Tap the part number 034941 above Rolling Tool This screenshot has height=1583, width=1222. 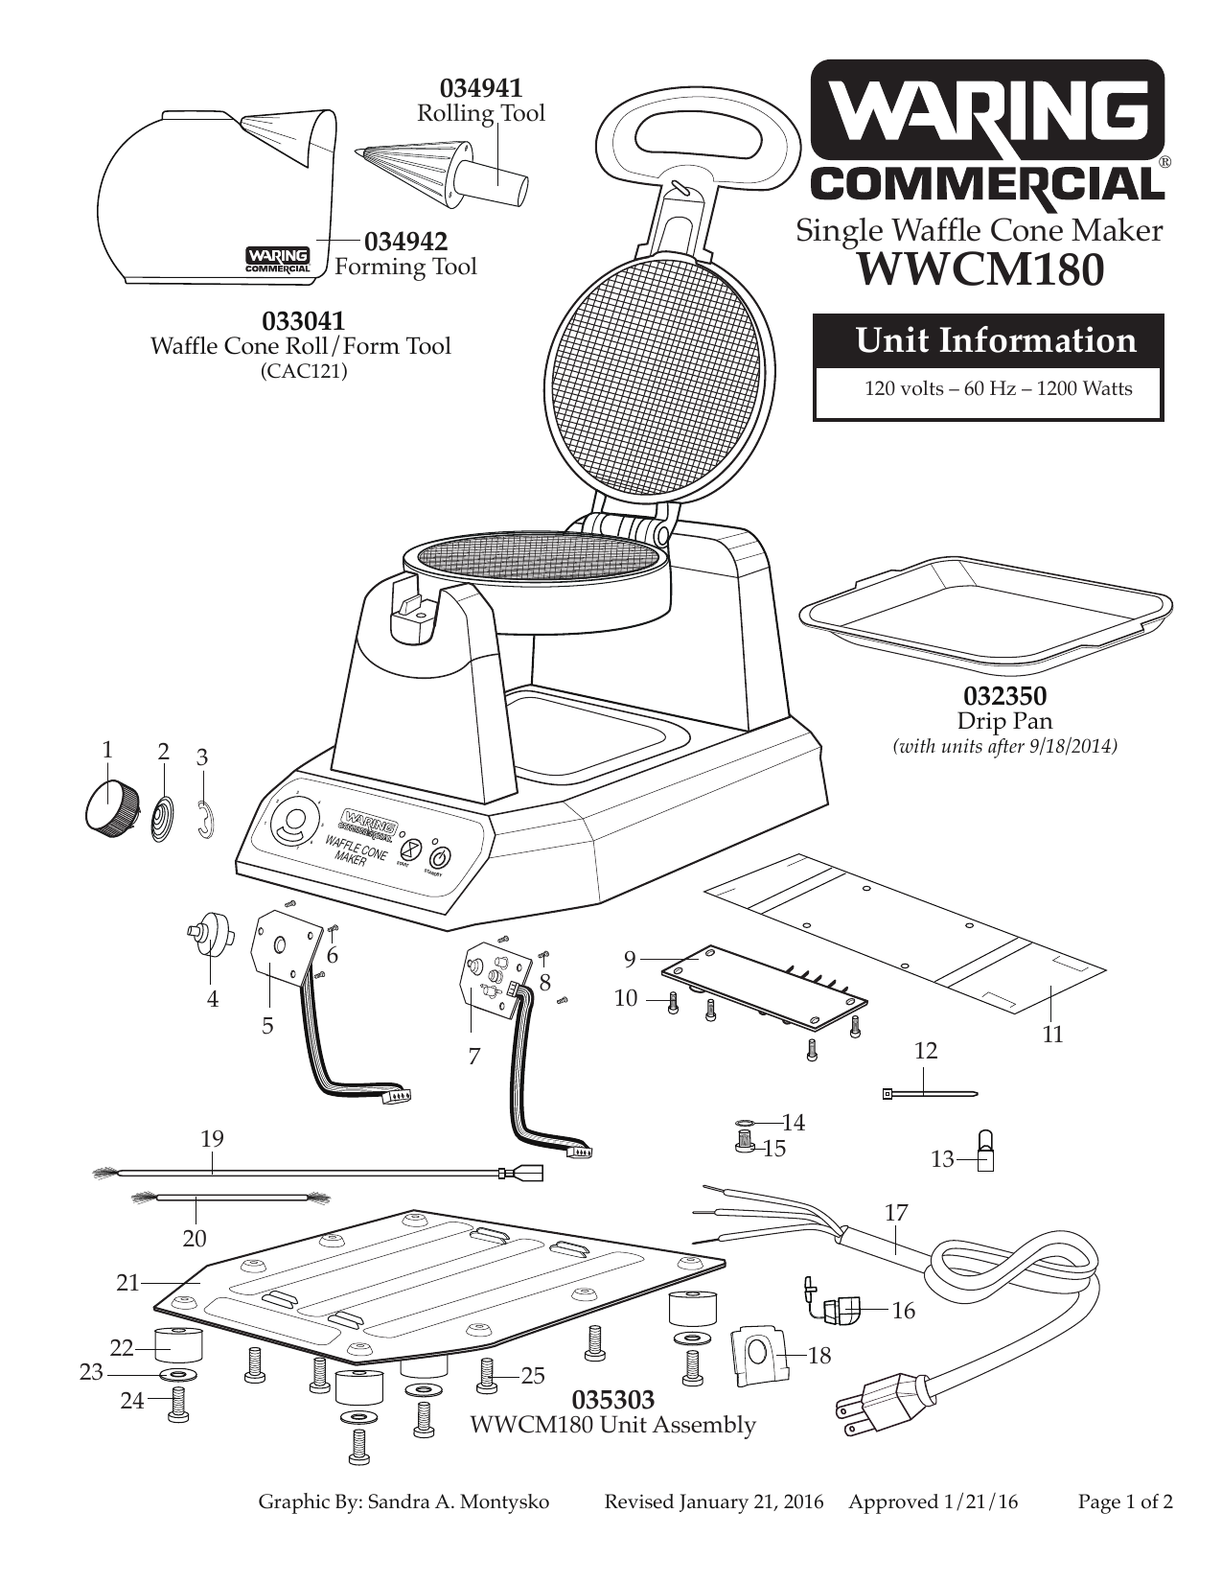pos(481,87)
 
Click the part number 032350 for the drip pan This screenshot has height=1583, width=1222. pos(1004,694)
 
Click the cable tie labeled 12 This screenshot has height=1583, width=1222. pos(928,1092)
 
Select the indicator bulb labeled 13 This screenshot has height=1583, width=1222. pos(983,1152)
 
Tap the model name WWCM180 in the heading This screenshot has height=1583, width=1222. pos(978,269)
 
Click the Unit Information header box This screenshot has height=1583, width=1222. pos(988,340)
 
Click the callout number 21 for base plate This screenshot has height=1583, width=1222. pos(128,1282)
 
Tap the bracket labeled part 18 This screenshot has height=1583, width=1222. pos(758,1354)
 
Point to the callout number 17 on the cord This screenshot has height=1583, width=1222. pos(895,1213)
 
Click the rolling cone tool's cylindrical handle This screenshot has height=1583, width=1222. pos(494,182)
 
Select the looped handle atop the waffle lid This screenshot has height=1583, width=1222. pos(694,134)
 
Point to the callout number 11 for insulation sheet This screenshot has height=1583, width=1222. pos(1052,1035)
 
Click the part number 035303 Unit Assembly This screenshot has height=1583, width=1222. pos(613,1399)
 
